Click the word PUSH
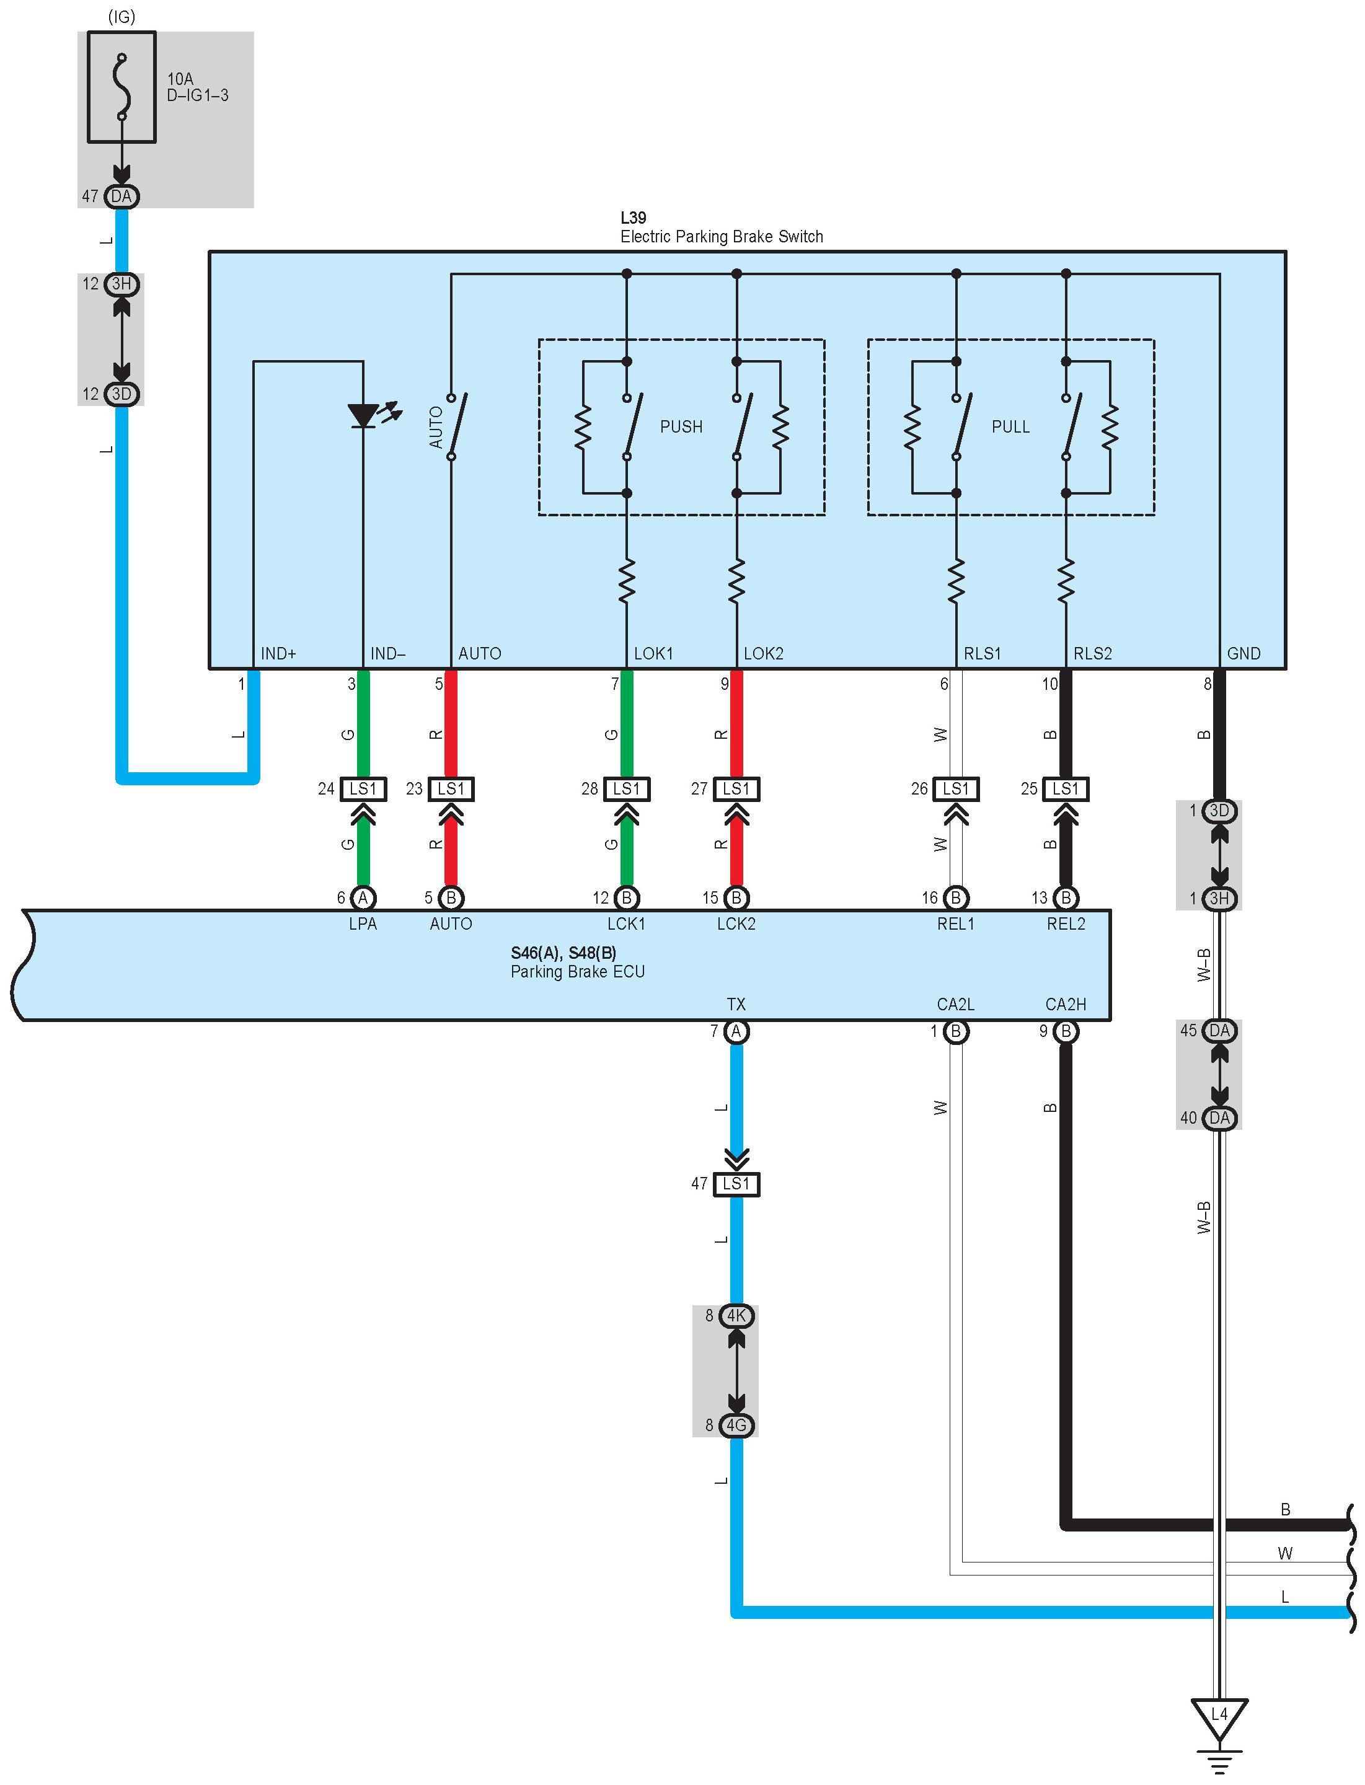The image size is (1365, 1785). pyautogui.click(x=681, y=426)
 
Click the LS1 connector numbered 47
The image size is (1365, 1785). pyautogui.click(x=736, y=1184)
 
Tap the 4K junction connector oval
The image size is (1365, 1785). pyautogui.click(x=736, y=1315)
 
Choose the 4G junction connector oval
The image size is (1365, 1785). pyautogui.click(x=736, y=1425)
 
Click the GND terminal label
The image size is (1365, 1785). pyautogui.click(x=1244, y=653)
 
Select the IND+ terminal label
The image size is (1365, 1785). pyautogui.click(x=279, y=653)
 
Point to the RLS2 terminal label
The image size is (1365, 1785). pyautogui.click(x=1093, y=653)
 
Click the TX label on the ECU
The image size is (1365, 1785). pyautogui.click(x=736, y=1004)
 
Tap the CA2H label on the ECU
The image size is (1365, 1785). pyautogui.click(x=1066, y=1004)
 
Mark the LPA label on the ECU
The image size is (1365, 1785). pyautogui.click(x=363, y=923)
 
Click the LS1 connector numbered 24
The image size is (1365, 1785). pyautogui.click(x=363, y=789)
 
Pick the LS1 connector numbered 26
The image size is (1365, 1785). pyautogui.click(x=956, y=789)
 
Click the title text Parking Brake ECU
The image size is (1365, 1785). pyautogui.click(x=578, y=972)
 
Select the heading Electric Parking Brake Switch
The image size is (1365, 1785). pyautogui.click(x=722, y=236)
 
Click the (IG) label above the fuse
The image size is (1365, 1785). pyautogui.click(x=122, y=16)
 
